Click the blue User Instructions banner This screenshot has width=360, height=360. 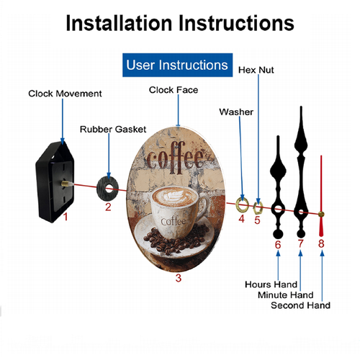(177, 65)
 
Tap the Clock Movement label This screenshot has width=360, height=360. (65, 94)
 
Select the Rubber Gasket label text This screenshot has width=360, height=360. (113, 129)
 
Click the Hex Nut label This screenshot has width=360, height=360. (256, 70)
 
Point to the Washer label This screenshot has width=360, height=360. (236, 112)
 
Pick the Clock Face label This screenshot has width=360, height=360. (174, 90)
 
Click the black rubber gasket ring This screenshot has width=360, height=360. (107, 189)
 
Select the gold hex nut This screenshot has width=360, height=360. (258, 208)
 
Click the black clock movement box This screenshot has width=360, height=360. (55, 182)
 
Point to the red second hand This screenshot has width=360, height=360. (321, 196)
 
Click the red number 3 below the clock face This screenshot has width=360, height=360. (179, 278)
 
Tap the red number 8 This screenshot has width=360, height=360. (321, 243)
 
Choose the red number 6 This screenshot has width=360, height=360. (278, 245)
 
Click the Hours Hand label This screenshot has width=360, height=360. (271, 284)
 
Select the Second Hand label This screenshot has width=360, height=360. (300, 305)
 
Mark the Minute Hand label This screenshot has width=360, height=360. (286, 294)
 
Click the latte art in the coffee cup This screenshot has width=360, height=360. (174, 197)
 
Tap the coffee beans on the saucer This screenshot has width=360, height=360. (176, 239)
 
